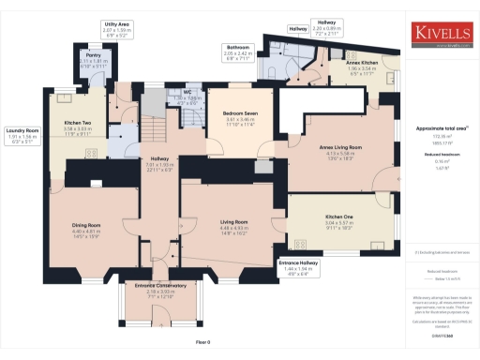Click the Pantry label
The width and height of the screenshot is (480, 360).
tap(67, 55)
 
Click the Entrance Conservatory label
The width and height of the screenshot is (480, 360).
tap(160, 285)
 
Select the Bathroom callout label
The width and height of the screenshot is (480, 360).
tap(236, 48)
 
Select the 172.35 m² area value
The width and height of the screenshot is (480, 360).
tap(443, 137)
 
